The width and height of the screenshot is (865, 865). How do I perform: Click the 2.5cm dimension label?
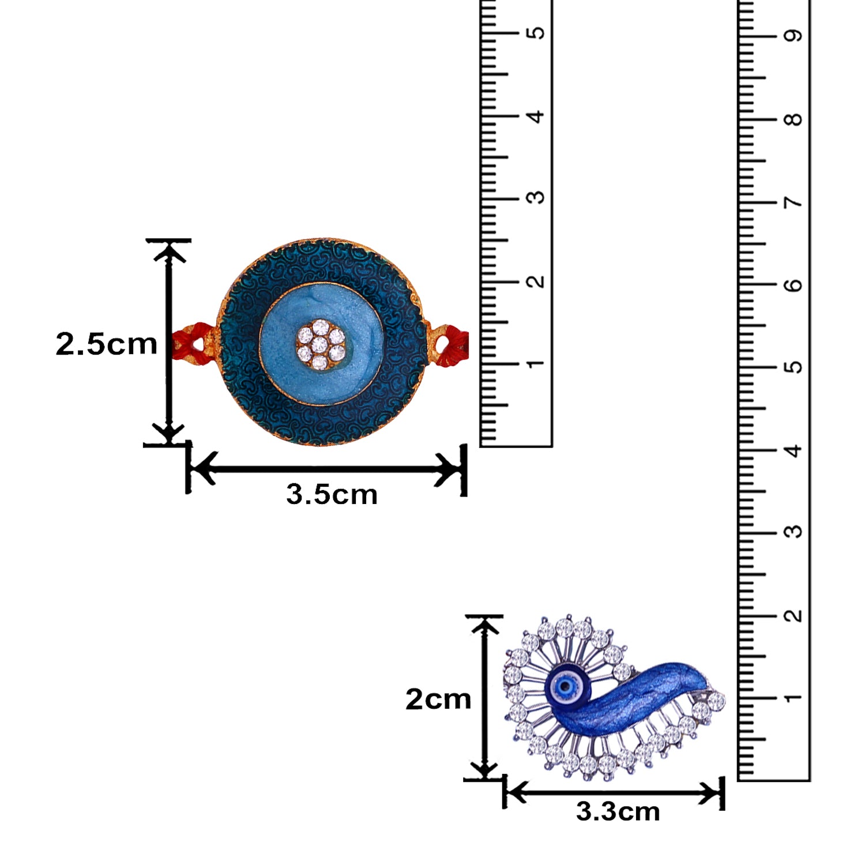[x=107, y=344]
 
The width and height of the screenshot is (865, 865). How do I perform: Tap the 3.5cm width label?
[x=332, y=495]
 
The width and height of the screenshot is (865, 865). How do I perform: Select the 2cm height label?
[x=438, y=699]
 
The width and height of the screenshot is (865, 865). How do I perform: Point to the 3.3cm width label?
[x=618, y=811]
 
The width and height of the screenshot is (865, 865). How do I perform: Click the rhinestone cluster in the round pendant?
[x=321, y=344]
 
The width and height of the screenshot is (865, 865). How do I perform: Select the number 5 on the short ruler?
[x=536, y=32]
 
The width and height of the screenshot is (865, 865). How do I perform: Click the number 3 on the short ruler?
[x=536, y=197]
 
